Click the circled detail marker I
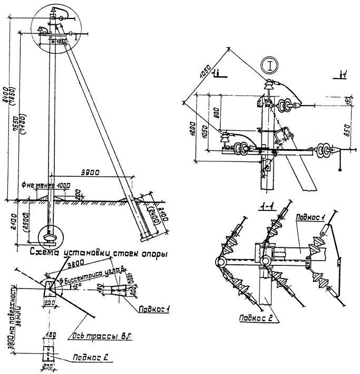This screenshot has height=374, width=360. pyautogui.click(x=270, y=67)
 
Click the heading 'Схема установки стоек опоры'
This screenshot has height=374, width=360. pyautogui.click(x=99, y=253)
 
